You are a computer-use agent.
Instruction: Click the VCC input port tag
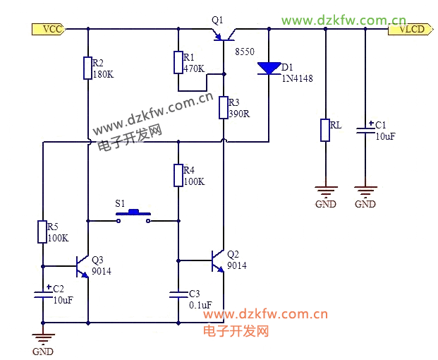(x=49, y=29)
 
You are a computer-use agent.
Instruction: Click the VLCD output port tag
(x=410, y=29)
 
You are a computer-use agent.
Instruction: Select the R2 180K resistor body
(x=87, y=68)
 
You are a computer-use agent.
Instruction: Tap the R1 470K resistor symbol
(x=178, y=63)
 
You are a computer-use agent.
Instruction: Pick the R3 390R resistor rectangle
(x=224, y=107)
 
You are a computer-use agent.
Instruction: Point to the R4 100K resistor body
(x=178, y=175)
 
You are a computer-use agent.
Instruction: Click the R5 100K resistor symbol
(x=42, y=232)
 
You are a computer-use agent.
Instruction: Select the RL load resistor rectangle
(x=325, y=131)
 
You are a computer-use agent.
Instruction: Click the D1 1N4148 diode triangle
(x=269, y=68)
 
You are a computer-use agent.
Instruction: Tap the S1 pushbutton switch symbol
(x=133, y=216)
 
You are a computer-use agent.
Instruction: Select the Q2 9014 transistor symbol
(x=218, y=261)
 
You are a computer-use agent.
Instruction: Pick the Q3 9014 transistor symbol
(x=83, y=267)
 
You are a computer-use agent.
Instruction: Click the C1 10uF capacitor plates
(x=365, y=131)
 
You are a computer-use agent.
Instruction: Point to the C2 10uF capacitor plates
(x=43, y=294)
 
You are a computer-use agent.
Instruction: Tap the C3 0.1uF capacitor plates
(x=178, y=294)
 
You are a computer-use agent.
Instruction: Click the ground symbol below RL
(x=326, y=191)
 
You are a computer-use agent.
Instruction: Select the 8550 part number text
(x=245, y=52)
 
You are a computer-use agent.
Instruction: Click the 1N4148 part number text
(x=297, y=78)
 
